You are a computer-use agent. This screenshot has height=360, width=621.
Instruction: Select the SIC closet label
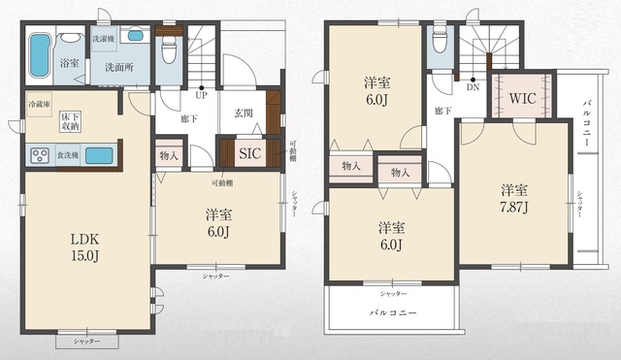(x=249, y=152)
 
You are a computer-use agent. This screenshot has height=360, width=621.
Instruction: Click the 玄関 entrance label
(x=245, y=112)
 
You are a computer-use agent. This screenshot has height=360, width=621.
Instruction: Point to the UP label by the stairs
(x=201, y=96)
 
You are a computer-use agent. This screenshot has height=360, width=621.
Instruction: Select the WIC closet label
(x=521, y=100)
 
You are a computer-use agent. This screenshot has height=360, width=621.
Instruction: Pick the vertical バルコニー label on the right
(x=587, y=125)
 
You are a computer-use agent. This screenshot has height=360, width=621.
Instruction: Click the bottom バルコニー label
(x=392, y=312)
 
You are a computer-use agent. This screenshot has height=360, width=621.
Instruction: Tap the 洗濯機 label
(x=104, y=38)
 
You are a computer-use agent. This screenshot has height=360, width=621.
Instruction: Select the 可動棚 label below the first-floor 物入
(x=222, y=182)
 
